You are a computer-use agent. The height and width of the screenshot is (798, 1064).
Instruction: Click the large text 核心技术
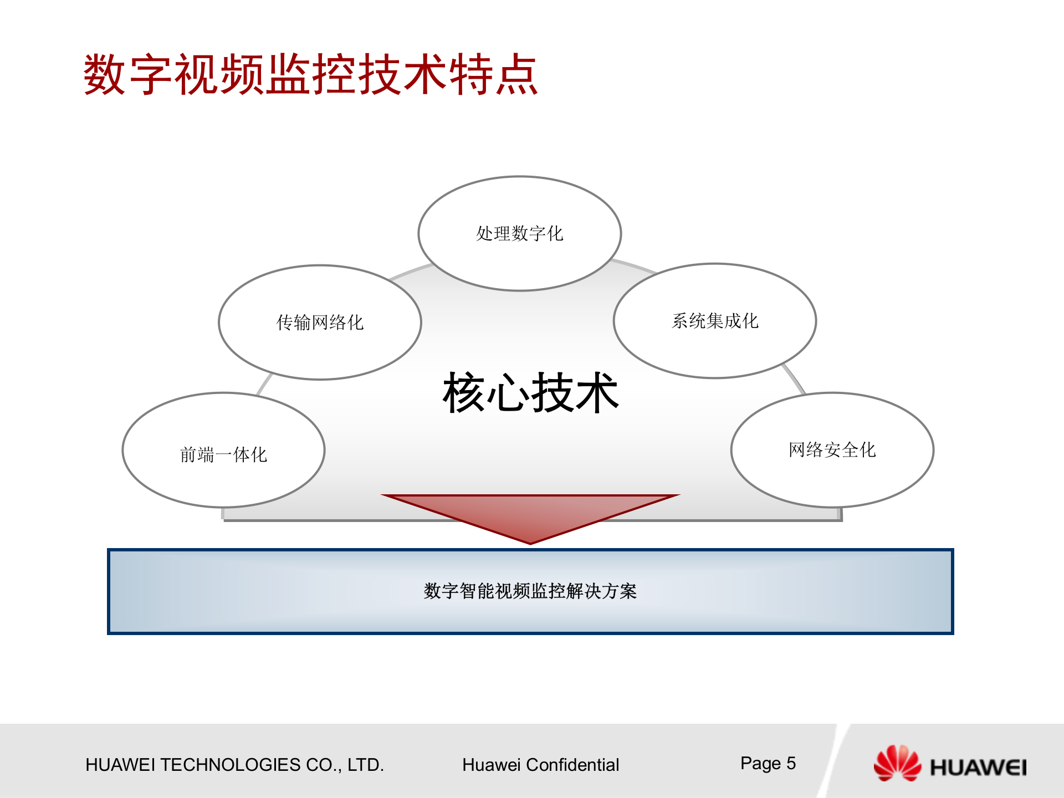(530, 392)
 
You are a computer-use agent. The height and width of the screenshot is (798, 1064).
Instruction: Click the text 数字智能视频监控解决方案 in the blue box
(530, 591)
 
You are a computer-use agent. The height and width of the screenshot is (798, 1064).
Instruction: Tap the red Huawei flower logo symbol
(897, 764)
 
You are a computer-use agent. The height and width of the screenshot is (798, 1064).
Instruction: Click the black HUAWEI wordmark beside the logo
(978, 768)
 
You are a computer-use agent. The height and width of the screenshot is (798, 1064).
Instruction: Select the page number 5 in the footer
(791, 763)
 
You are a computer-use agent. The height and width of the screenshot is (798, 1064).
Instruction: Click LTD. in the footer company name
(366, 765)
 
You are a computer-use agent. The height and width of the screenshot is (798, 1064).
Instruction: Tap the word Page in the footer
(760, 764)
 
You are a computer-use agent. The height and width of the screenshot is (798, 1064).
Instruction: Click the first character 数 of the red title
(105, 75)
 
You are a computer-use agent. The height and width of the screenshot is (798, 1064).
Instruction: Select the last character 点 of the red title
(516, 75)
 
